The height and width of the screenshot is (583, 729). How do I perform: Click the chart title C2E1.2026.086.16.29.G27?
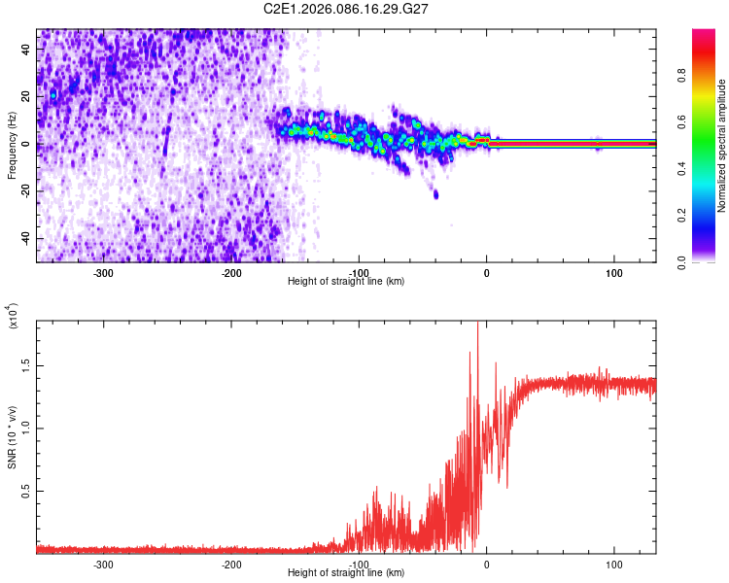coord(347,9)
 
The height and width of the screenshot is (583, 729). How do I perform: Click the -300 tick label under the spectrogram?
coord(104,272)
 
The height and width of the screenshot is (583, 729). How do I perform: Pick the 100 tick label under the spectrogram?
coord(614,272)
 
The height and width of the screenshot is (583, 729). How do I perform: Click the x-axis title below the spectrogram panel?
coord(346,282)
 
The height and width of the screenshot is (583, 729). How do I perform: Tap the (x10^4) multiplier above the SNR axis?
coord(13,316)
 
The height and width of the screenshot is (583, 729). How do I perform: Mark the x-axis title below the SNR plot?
coord(346,573)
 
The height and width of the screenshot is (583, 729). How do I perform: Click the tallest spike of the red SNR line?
coord(477,326)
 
